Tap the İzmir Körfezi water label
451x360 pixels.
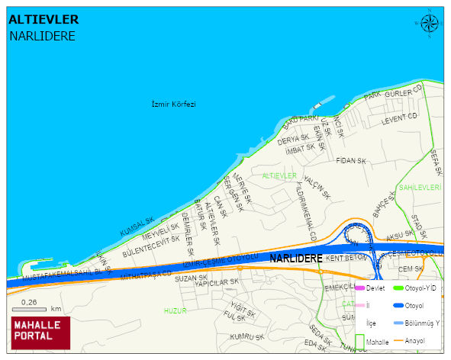173,104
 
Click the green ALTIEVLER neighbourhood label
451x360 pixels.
279,176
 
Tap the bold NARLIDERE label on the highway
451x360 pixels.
296,259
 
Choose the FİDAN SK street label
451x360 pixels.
351,161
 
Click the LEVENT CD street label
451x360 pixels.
400,117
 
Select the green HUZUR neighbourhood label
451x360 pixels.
175,311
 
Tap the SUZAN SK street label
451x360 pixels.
192,278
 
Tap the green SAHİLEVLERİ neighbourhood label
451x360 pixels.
420,187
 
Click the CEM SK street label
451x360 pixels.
411,268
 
